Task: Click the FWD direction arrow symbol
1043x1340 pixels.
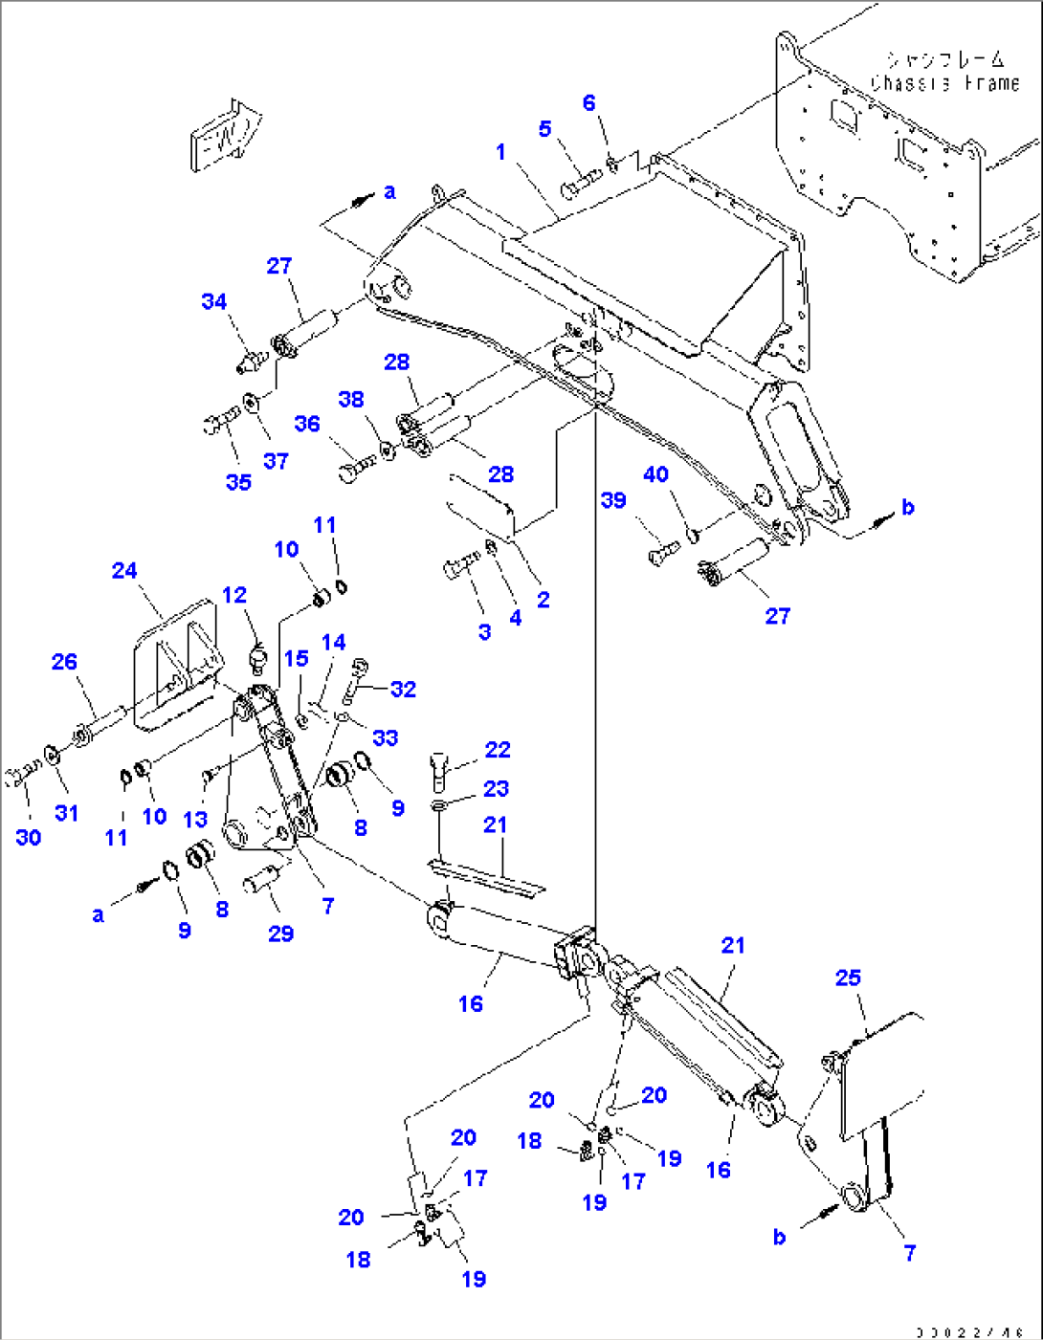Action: [226, 135]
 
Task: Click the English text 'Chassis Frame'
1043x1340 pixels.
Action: [944, 84]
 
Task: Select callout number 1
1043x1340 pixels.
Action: [500, 152]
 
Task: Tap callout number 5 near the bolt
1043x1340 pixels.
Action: [544, 129]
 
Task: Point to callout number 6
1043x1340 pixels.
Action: [588, 103]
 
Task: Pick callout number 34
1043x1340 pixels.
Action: [213, 301]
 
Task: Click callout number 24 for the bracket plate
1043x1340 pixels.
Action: [124, 571]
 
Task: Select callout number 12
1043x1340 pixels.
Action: [234, 595]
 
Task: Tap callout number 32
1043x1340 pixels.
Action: [403, 690]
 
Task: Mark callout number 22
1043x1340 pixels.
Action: [497, 750]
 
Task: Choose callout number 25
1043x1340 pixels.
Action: [848, 978]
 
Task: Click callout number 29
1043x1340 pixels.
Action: [280, 934]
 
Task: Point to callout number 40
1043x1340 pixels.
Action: [655, 474]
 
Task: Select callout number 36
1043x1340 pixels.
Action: [306, 424]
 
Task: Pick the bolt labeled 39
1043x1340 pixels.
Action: [663, 552]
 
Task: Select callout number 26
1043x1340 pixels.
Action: [64, 662]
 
